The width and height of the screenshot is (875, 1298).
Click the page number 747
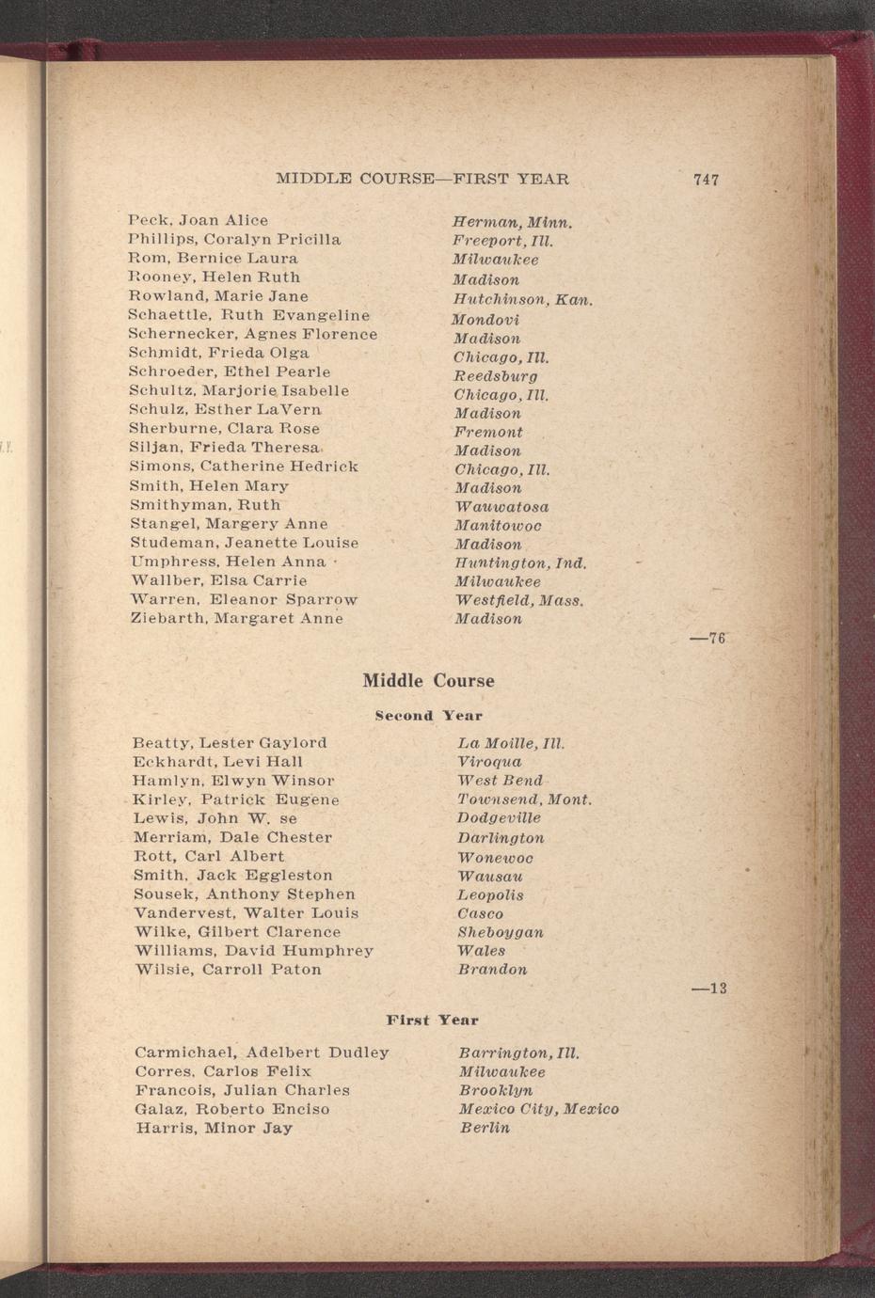point(706,180)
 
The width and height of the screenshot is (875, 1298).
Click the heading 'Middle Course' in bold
point(428,681)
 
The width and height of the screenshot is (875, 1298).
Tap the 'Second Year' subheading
point(428,716)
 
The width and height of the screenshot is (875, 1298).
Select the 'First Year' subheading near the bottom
point(432,1020)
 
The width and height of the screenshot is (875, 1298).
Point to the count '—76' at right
point(708,639)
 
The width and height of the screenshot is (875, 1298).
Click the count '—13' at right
point(708,989)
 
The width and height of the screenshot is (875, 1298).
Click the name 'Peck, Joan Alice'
point(199,220)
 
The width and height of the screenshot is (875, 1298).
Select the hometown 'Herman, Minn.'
point(513,224)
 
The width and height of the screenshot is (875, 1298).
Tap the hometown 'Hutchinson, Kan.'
point(522,300)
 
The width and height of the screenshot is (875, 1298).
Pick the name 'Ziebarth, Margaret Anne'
point(236,618)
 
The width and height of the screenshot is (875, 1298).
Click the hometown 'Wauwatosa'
point(501,507)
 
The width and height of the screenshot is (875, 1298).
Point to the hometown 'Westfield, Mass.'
point(519,600)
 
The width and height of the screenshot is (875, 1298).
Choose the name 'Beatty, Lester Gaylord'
point(231,743)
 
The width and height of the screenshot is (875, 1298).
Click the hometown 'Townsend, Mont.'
point(524,799)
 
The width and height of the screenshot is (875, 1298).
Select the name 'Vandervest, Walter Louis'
point(246,913)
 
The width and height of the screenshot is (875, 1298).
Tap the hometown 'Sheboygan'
point(500,932)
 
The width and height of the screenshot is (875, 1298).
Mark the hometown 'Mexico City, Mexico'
point(538,1109)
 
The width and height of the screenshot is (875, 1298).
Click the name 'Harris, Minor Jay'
point(214,1128)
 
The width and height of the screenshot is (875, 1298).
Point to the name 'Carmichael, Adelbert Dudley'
point(262,1053)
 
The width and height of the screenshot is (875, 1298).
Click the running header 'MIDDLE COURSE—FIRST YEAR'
point(422,179)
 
